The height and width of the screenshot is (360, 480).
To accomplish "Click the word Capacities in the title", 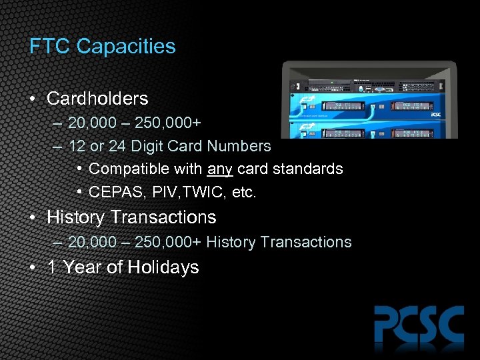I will [126, 47].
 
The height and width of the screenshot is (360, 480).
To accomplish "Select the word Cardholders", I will [97, 99].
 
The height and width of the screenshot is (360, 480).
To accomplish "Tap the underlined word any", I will [221, 169].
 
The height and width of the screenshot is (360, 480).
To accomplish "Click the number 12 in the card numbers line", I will [77, 146].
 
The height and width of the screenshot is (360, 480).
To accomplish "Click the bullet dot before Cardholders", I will [33, 99].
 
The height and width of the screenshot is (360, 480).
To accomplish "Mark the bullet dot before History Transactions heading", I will [33, 217].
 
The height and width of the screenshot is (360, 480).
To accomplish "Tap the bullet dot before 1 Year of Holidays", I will [33, 267].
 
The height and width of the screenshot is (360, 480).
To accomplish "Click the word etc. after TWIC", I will [243, 193].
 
